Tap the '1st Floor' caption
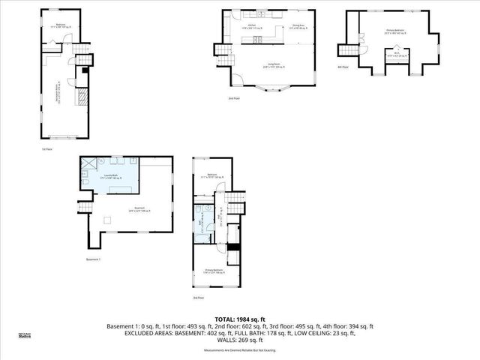[x=46, y=149]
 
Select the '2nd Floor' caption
[x=235, y=98]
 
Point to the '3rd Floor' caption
[x=198, y=298]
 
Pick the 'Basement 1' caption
[x=93, y=259]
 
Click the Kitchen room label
[x=253, y=27]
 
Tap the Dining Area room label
[x=297, y=27]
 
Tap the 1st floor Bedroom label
[x=60, y=25]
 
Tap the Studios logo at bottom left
[x=25, y=336]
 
